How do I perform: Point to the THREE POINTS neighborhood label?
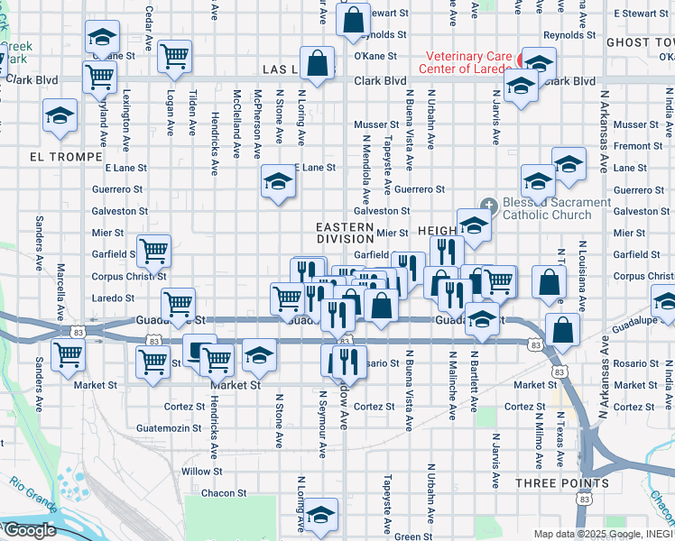click(x=561, y=483)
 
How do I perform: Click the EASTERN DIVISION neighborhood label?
click(x=345, y=233)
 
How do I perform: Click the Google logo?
click(x=29, y=530)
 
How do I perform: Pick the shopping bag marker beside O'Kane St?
click(x=318, y=64)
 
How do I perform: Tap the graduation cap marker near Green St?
click(x=318, y=515)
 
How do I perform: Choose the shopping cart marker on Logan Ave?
click(x=174, y=57)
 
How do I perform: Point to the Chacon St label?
click(x=224, y=493)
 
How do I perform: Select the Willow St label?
click(x=201, y=472)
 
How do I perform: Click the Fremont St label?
click(x=637, y=146)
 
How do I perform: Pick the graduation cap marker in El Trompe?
click(x=60, y=116)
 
